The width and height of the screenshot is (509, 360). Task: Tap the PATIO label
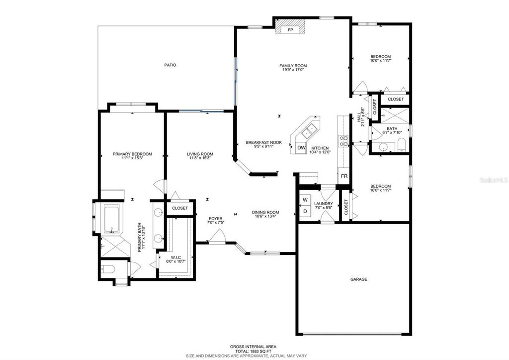170,65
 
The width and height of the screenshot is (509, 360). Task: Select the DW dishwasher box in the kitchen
301,148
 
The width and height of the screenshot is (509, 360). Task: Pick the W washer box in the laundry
305,201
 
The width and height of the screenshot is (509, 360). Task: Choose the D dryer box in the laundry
305,212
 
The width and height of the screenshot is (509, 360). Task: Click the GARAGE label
358,279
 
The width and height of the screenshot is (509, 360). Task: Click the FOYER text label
215,218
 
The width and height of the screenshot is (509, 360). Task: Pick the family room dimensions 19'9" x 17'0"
293,70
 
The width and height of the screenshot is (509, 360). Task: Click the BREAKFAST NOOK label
263,142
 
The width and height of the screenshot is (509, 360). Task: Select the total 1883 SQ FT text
253,351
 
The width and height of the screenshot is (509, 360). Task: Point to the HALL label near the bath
359,118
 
